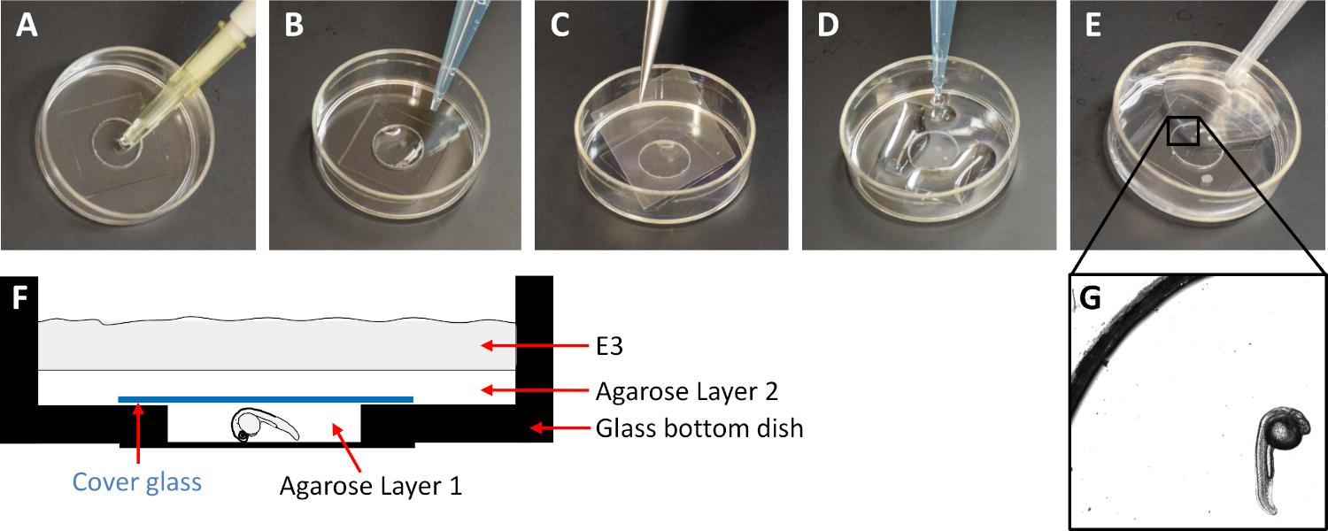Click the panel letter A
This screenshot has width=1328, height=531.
click(27, 27)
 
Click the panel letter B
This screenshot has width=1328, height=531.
click(294, 27)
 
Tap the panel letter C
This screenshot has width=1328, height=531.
click(560, 27)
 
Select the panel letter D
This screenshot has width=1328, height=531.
click(829, 27)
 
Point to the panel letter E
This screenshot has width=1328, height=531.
click(1093, 27)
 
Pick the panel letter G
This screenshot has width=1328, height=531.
click(1091, 300)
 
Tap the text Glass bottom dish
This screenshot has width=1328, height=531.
click(699, 429)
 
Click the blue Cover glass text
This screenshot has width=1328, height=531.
click(137, 482)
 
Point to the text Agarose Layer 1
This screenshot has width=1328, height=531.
click(371, 486)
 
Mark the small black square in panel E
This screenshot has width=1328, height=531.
click(1184, 130)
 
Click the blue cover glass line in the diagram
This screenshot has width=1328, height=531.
click(266, 399)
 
